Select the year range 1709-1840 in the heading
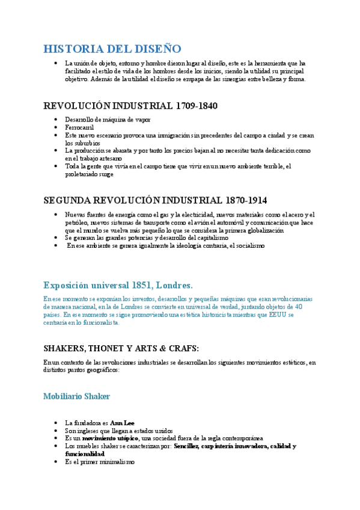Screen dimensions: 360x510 197,106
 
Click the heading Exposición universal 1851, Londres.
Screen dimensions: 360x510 118,284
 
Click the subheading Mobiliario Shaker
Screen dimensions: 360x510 77,396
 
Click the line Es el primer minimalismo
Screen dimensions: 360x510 100,462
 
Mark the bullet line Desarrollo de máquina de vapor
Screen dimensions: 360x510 100,120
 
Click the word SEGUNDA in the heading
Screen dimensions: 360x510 68,200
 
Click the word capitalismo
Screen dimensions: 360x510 210,238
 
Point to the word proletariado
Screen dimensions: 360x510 84,174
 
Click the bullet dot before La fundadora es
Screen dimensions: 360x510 55,423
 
